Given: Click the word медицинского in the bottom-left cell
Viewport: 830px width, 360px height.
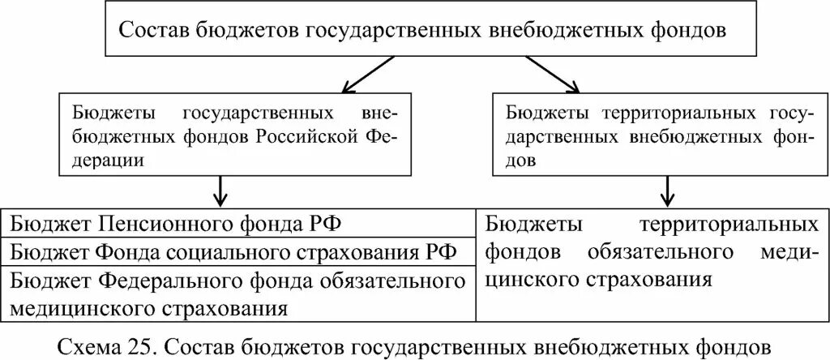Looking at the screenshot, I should [73, 307].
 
